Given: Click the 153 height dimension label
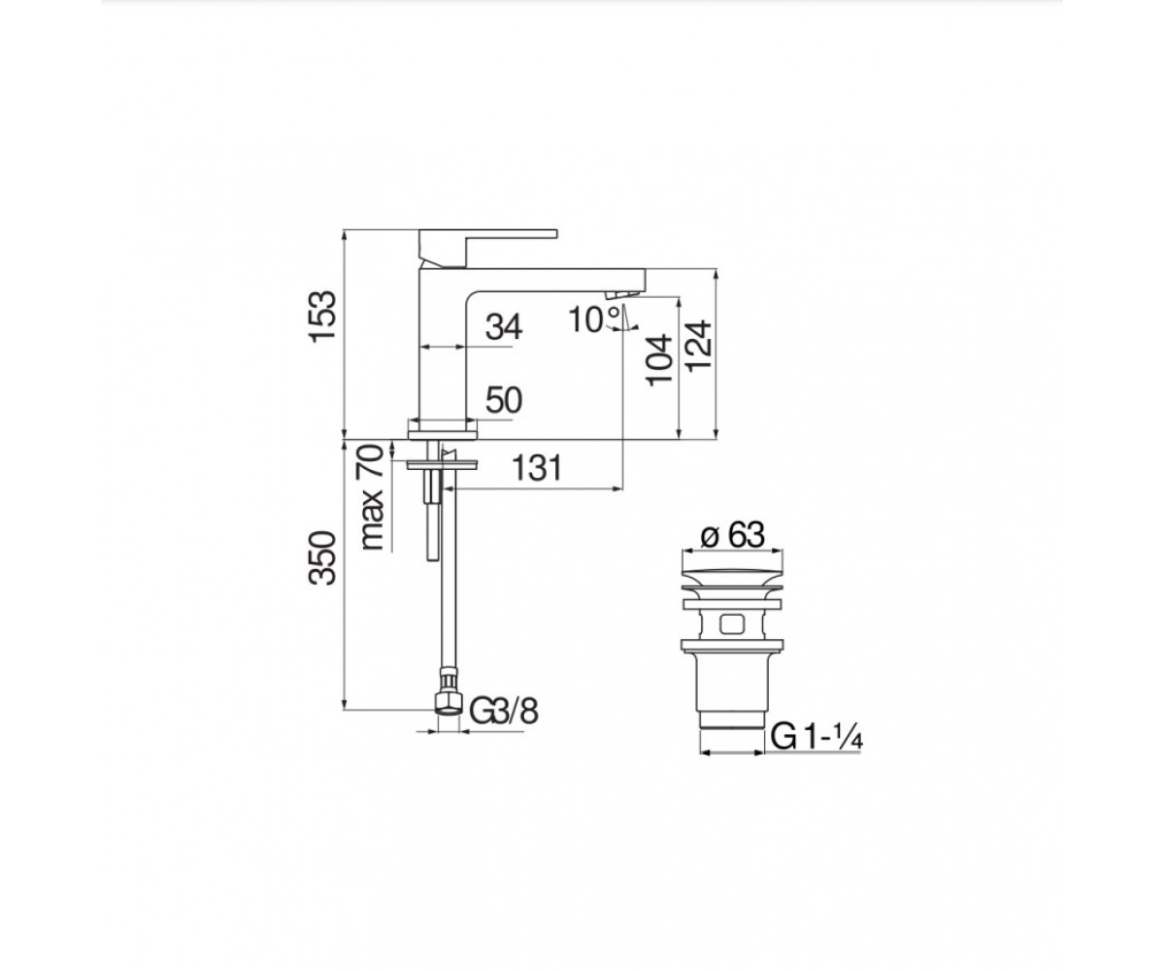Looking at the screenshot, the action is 322,316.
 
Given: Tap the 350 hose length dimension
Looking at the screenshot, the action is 322,558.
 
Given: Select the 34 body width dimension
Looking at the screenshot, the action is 504,326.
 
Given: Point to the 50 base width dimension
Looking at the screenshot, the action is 504,400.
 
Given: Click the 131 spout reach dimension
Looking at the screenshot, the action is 537,468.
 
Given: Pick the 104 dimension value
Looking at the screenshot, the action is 659,359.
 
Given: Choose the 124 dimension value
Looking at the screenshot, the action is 698,346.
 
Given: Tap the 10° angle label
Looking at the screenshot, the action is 593,319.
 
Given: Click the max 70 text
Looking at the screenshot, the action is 372,497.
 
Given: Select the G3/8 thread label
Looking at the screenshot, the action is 504,712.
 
